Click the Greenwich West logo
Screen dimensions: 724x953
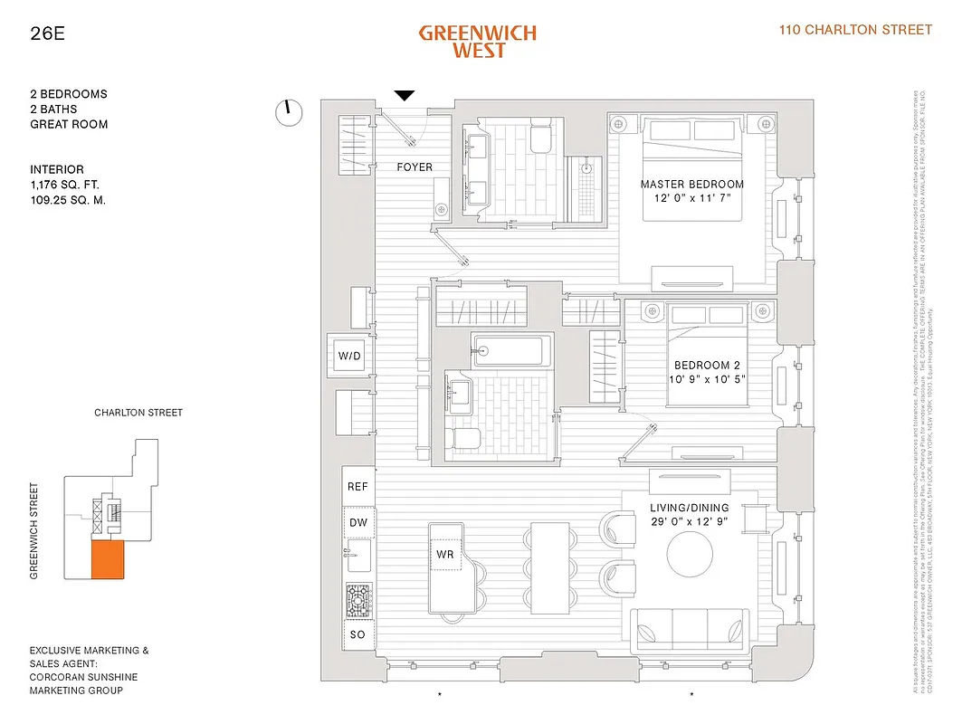477,41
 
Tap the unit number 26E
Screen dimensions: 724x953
46,35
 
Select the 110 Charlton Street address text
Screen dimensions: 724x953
855,30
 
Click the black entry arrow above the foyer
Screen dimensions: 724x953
405,95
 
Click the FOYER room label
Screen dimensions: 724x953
415,167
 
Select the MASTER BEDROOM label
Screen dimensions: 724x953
692,185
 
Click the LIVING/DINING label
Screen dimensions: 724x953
691,509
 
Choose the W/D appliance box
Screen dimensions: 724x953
349,356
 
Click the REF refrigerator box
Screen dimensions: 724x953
357,487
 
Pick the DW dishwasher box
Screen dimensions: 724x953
357,523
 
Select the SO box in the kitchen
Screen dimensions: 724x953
357,634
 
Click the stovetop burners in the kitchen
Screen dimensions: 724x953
357,600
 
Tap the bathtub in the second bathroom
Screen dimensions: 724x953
510,350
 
